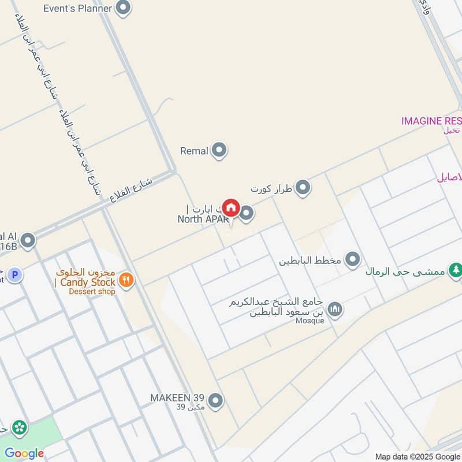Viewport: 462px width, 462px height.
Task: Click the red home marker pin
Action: tap(231, 207)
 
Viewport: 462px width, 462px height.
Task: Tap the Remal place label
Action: tap(194, 151)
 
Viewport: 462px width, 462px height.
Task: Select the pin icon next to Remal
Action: tap(219, 151)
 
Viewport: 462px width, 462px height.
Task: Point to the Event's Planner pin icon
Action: tap(123, 8)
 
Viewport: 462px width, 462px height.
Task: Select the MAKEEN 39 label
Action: tap(177, 398)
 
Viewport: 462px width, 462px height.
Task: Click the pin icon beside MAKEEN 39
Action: tap(215, 400)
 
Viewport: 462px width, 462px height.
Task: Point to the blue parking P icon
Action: tap(16, 276)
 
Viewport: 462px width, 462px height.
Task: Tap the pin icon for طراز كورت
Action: tap(303, 188)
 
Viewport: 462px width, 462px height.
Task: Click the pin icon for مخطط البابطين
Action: tap(352, 260)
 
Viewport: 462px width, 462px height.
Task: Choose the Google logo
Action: tap(24, 453)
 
